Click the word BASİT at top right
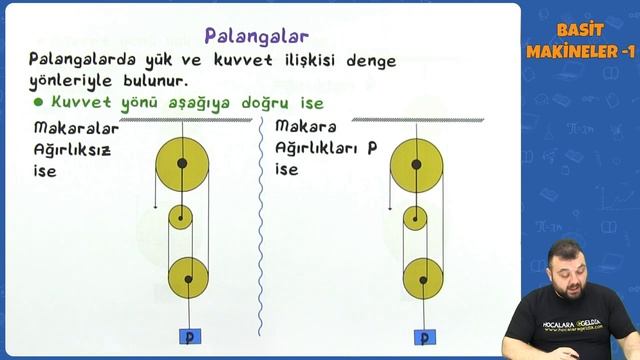[578, 31]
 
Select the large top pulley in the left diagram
[182, 162]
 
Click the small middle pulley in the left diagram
[180, 217]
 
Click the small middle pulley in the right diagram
[415, 217]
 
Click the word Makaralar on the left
[76, 128]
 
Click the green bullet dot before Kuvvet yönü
[38, 102]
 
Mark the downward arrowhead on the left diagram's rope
[155, 207]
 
